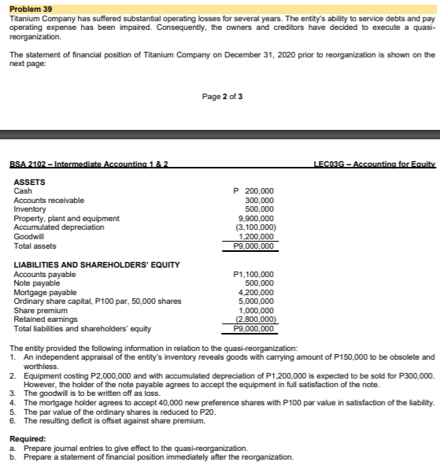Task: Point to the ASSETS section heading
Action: [30, 182]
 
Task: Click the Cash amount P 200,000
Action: [253, 191]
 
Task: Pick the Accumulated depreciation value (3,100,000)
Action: [255, 227]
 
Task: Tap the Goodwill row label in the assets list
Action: [28, 235]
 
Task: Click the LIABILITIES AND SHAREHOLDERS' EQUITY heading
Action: [97, 264]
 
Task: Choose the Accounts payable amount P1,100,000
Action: [253, 274]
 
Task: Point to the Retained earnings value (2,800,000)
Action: [255, 320]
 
